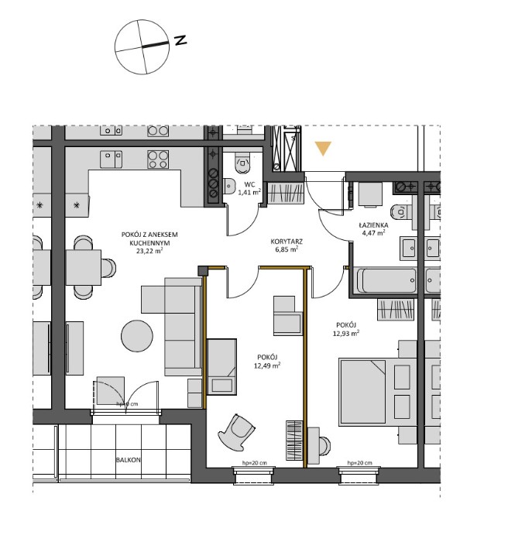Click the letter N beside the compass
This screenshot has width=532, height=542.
(180, 40)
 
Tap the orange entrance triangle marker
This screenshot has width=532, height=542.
(323, 147)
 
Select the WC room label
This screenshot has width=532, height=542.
(249, 184)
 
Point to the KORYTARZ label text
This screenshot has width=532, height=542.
(287, 242)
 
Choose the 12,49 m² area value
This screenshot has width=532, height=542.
(268, 366)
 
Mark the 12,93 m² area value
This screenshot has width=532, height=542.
(348, 334)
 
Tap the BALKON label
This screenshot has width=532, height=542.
(128, 459)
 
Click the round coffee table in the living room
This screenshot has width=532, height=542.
(138, 337)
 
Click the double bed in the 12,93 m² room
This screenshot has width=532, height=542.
(376, 388)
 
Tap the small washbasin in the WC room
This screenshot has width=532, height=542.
(229, 185)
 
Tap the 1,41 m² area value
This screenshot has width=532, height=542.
(249, 194)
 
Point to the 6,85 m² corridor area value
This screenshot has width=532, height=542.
(287, 252)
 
